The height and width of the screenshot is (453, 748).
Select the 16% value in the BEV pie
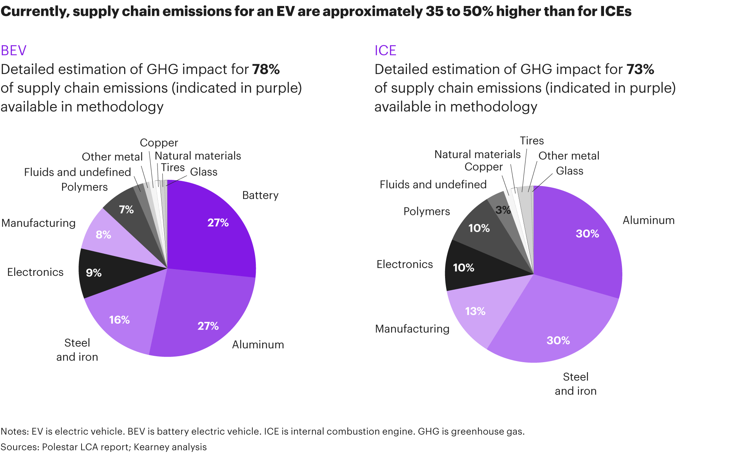tap(119, 320)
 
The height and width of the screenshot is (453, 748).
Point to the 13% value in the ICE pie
tap(475, 311)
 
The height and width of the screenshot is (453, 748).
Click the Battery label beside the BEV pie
tap(260, 195)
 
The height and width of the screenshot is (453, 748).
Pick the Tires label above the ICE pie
tap(531, 141)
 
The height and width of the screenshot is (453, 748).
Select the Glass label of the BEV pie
tap(203, 172)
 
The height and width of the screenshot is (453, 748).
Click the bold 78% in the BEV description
tap(266, 70)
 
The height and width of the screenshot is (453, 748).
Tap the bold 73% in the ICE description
tap(640, 70)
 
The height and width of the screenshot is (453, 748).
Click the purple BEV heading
tap(13, 50)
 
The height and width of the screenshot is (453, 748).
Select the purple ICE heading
tap(385, 50)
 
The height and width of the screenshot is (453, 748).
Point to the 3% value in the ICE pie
tap(503, 210)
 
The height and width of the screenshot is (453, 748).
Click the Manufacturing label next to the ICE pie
tap(412, 329)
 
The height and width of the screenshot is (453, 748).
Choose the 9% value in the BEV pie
tap(93, 273)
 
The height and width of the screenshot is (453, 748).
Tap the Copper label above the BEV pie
tap(159, 143)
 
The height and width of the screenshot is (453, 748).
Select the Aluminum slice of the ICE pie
tap(583, 247)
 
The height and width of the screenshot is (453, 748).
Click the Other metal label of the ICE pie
tap(568, 156)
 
